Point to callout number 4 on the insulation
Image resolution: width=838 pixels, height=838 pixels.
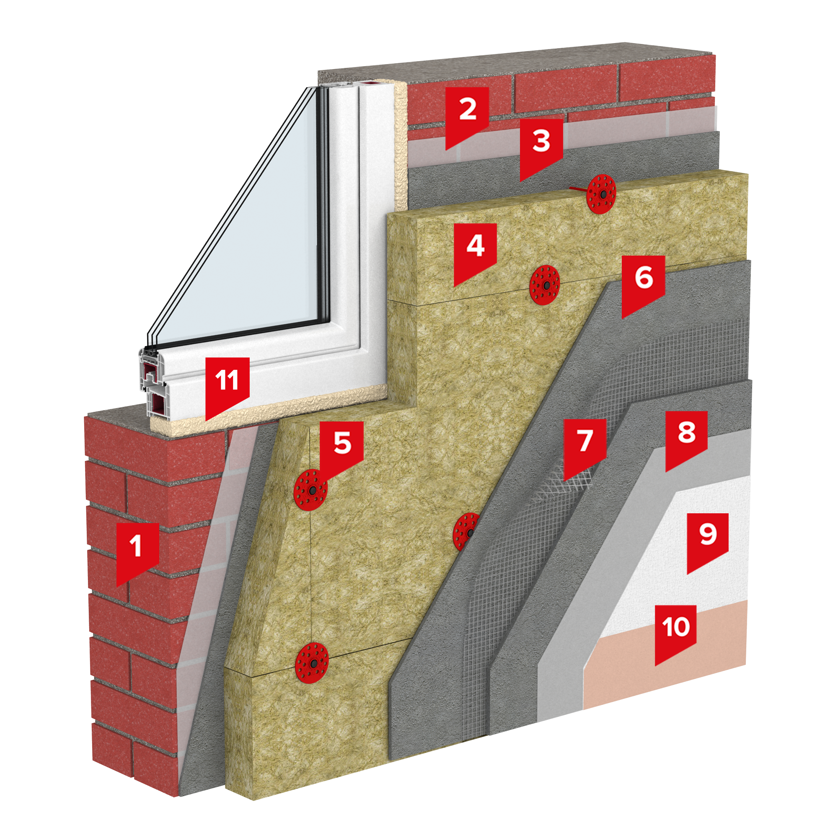(475, 251)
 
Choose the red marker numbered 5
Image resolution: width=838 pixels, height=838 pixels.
(342, 449)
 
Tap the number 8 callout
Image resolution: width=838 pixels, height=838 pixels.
(686, 438)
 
